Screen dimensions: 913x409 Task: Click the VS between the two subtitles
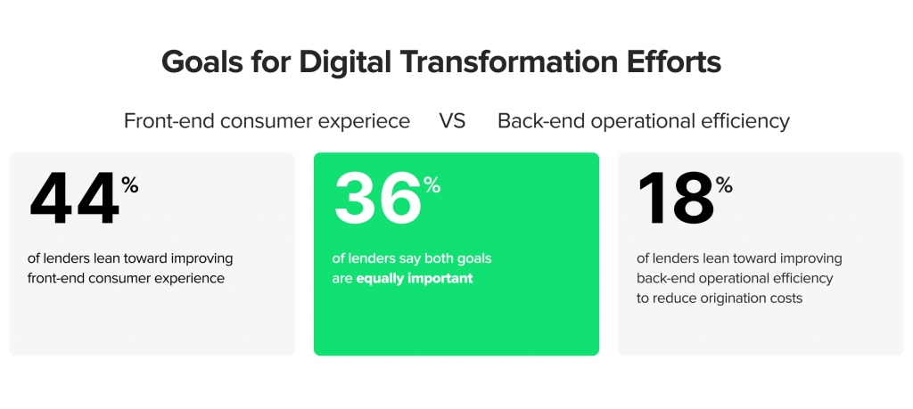[x=452, y=121]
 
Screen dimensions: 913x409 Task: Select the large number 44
[x=75, y=199]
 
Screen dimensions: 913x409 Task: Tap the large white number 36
[x=377, y=199]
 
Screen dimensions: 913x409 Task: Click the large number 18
[x=676, y=199]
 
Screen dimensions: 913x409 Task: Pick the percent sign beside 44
[x=130, y=185]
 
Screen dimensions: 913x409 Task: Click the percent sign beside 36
[x=432, y=185]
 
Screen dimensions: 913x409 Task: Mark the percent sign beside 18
[x=724, y=185]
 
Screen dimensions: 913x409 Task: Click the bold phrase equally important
[x=415, y=279]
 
